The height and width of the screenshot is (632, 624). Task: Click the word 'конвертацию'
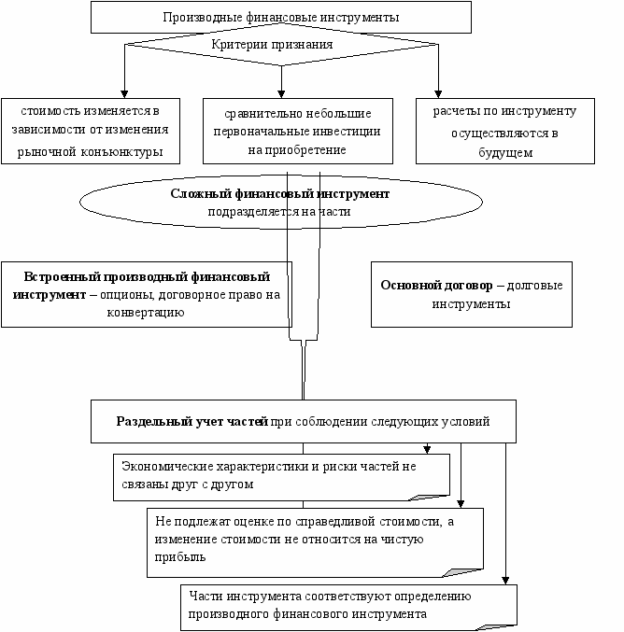pos(146,313)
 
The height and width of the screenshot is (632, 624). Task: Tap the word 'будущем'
pos(505,153)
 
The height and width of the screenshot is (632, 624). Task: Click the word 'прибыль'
pos(180,557)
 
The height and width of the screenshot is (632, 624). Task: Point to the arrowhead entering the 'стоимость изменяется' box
pos(124,94)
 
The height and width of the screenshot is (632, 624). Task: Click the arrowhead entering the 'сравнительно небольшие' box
pos(281,94)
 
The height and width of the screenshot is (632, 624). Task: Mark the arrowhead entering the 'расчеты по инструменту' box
pos(438,94)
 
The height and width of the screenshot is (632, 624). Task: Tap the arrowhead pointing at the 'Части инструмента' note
pos(505,581)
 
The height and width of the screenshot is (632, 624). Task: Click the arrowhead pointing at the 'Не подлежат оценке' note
pos(461,504)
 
